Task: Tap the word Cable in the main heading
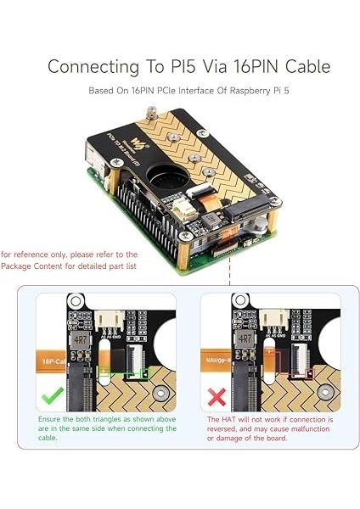click(302, 66)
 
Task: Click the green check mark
click(52, 395)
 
